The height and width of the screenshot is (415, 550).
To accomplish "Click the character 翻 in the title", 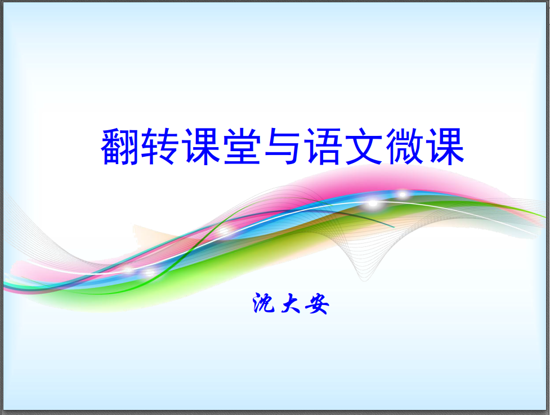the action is coord(120,146).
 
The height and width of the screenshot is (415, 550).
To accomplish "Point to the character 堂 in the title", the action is coord(242,146).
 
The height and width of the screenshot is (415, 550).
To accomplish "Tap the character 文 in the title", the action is coord(364,146).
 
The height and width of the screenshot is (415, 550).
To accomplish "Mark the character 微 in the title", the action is coord(404,146).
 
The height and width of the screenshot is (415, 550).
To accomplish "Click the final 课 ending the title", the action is coord(445,146).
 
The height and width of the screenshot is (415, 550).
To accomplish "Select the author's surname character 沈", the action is coord(263,303).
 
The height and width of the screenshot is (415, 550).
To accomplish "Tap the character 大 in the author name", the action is coord(290,303).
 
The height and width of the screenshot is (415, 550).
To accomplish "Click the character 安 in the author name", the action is coord(318,303).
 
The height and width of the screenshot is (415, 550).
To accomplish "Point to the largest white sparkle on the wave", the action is coord(373,204).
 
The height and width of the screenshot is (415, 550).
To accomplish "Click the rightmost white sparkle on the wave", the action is coord(403,195).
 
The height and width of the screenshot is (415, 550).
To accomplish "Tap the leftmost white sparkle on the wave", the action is coord(128,270).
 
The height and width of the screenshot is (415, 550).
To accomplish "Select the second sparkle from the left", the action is coord(150,272).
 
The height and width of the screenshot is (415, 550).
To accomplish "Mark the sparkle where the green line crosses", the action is coord(223,231).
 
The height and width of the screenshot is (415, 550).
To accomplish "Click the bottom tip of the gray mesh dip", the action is coord(365,280).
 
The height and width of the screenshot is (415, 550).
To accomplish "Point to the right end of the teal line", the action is coord(394,227).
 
